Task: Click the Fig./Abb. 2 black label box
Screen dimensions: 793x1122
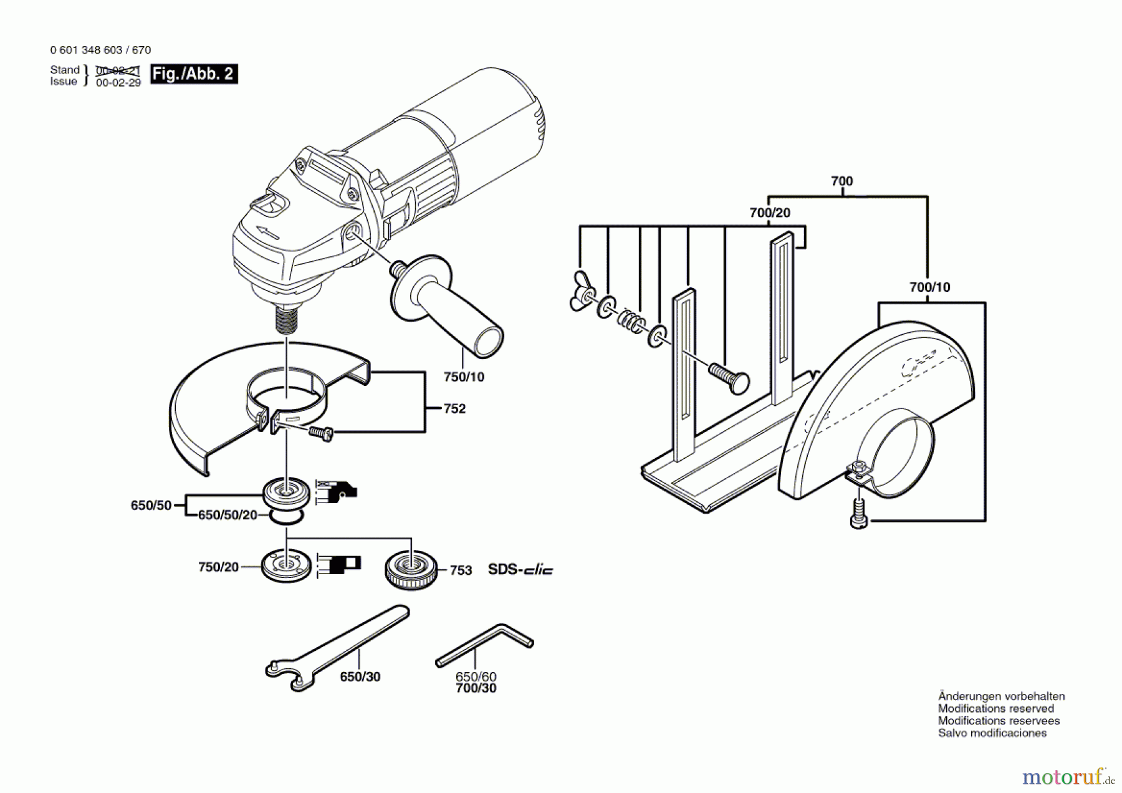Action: click(x=194, y=74)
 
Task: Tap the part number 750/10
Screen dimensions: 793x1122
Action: click(x=464, y=377)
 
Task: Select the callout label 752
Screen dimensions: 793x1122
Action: click(x=454, y=409)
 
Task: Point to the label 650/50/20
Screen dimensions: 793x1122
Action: click(x=228, y=515)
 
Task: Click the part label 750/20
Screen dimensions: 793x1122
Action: click(x=218, y=567)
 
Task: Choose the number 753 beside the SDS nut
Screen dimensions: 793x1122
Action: click(x=461, y=570)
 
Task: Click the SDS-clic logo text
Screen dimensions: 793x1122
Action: click(x=520, y=570)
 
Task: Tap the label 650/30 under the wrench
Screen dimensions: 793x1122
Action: click(x=360, y=677)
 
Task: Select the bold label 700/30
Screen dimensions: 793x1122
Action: click(x=476, y=689)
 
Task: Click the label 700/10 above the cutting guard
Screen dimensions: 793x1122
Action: click(x=930, y=287)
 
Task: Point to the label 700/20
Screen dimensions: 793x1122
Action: click(x=770, y=213)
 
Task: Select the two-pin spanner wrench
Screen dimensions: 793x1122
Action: click(x=337, y=648)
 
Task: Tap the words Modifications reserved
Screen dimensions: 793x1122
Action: click(x=995, y=709)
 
